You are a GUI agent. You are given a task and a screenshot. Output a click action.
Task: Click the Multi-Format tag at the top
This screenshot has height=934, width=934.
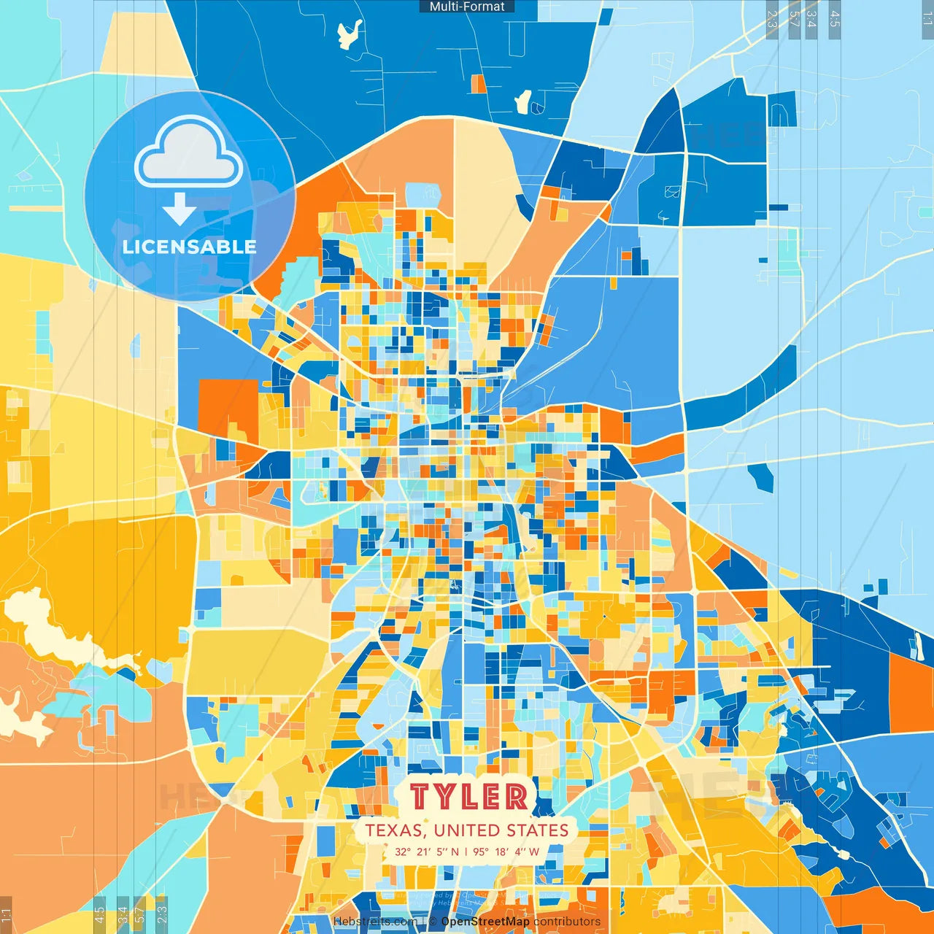(x=467, y=7)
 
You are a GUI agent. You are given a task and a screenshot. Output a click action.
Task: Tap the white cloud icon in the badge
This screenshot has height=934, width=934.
(x=188, y=153)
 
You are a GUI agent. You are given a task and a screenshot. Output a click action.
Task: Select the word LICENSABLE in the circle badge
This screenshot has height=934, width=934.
(x=190, y=247)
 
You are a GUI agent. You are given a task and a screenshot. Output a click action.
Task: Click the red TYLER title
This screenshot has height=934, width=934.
(x=468, y=797)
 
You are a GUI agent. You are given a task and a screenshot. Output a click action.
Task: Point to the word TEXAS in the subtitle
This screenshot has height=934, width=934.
(x=395, y=830)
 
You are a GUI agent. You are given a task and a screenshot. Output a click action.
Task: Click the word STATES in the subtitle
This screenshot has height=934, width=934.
(x=538, y=830)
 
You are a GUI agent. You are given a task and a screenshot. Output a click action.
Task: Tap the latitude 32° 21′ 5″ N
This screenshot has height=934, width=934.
(x=427, y=852)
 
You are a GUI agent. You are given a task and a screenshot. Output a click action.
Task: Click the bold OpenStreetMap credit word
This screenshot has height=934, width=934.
(x=485, y=922)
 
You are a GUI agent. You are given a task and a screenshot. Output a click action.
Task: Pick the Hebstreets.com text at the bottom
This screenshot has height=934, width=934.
(x=375, y=922)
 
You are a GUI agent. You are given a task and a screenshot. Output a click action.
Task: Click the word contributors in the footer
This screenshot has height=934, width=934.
(x=567, y=922)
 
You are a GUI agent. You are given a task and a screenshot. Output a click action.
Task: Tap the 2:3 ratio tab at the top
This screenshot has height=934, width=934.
(x=772, y=19)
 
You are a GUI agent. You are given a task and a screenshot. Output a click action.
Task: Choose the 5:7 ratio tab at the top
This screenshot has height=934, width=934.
(x=794, y=19)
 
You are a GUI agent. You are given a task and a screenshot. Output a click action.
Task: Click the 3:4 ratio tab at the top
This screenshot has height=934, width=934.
(x=811, y=19)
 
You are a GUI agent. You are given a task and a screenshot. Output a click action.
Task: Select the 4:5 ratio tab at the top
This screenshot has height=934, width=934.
(x=835, y=19)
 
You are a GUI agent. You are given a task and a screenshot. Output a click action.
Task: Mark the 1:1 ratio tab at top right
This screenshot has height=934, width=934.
(x=927, y=19)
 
